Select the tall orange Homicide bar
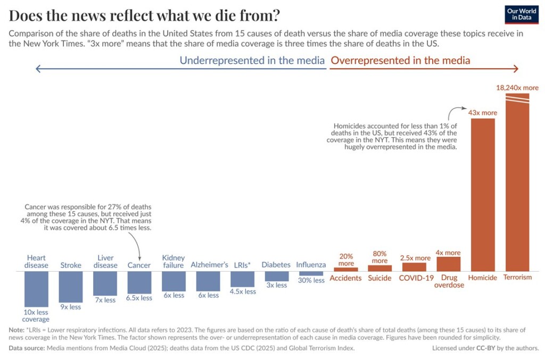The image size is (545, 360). (483, 194)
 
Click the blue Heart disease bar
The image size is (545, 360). (36, 289)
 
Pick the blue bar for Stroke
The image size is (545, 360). (71, 287)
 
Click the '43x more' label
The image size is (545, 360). (483, 112)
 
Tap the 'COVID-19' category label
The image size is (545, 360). (414, 278)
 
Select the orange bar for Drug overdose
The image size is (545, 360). (449, 264)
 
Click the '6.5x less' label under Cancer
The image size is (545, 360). (139, 298)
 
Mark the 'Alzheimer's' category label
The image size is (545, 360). (209, 265)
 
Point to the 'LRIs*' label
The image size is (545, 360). (242, 265)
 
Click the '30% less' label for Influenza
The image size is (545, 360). (311, 280)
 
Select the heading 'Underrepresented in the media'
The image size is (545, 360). (252, 60)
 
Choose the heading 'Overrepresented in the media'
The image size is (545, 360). (400, 60)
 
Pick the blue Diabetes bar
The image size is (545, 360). (277, 276)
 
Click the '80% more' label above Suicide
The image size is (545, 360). (379, 257)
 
